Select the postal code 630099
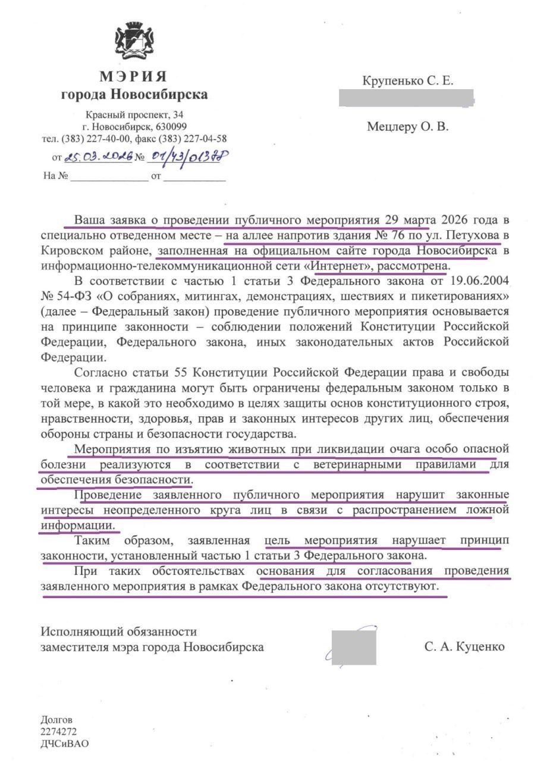point(172,127)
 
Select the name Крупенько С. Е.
point(408,82)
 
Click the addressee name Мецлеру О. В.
point(407,126)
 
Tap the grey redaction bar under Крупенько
point(406,98)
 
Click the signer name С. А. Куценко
point(464,647)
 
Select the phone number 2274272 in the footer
point(58,732)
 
